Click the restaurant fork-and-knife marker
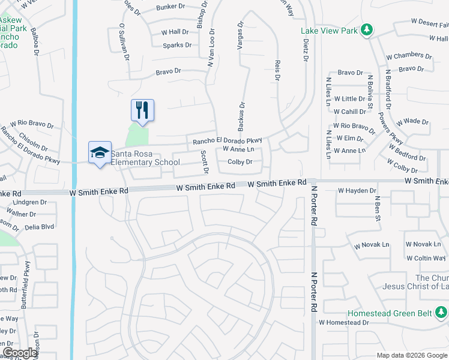[142, 110]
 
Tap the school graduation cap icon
[100, 152]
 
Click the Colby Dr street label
[240, 162]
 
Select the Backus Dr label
[241, 116]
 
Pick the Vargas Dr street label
[241, 37]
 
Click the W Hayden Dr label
[357, 191]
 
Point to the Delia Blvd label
[40, 227]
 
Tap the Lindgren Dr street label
[29, 203]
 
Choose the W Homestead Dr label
[344, 322]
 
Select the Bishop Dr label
[202, 14]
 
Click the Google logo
[20, 353]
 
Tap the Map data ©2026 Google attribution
[412, 355]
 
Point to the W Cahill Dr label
[350, 112]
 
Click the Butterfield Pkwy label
[26, 276]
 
